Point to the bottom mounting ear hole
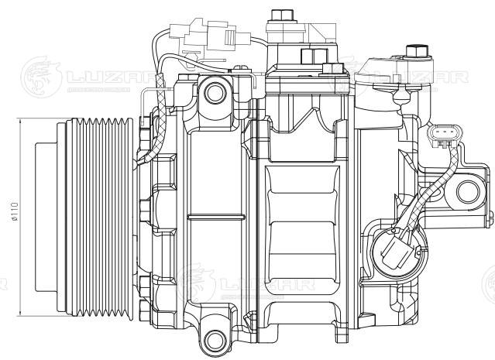[x=214, y=336]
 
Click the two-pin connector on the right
[x=441, y=137]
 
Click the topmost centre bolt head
[x=278, y=14]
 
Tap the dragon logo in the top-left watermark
[x=39, y=74]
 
